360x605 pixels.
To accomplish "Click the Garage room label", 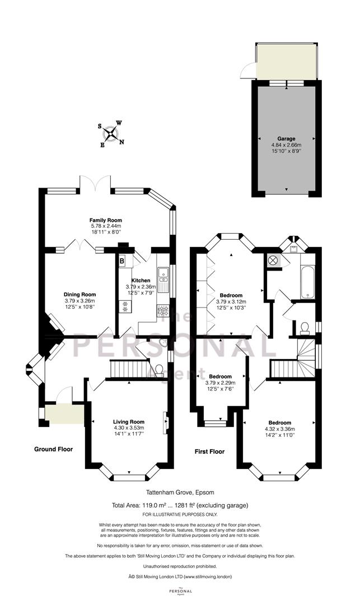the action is tap(287, 138).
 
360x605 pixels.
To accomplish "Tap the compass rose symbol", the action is tap(111, 134).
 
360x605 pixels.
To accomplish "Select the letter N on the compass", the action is tap(122, 142).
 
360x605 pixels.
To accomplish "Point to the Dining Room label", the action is tap(80, 295).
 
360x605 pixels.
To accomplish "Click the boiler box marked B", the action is tap(122, 261).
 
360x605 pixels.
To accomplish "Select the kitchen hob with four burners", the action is tap(163, 310).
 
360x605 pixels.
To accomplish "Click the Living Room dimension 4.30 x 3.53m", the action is tap(129, 427).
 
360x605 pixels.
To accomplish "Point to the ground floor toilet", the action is tap(159, 370).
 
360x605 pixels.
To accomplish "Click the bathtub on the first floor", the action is tap(307, 282).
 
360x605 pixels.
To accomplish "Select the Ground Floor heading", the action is tap(54, 449).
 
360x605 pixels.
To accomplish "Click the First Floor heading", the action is tap(209, 451).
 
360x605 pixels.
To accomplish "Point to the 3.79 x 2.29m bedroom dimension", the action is tap(221, 383).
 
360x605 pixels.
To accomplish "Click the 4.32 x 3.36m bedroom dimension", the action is tap(280, 429).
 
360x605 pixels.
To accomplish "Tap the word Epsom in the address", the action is tap(205, 492).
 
